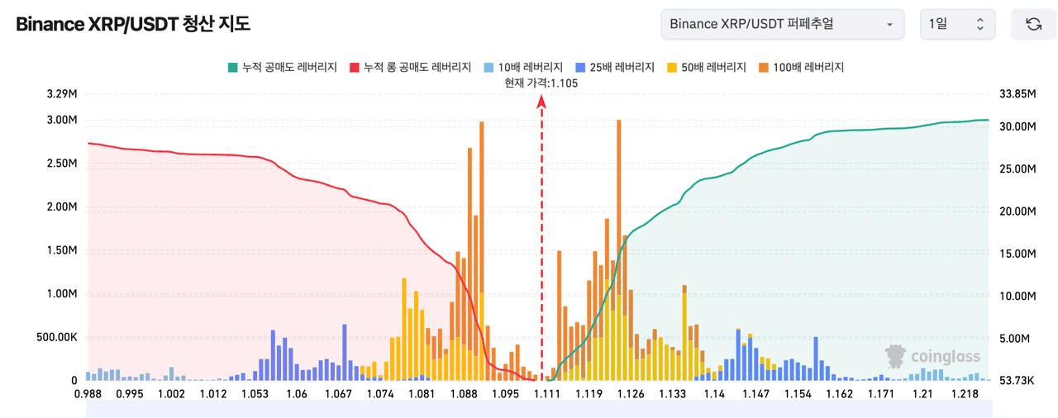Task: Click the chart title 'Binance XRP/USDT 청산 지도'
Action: tap(133, 24)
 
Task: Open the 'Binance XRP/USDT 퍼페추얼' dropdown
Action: tap(783, 24)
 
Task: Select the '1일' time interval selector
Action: tap(957, 24)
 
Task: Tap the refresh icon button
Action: tap(1033, 24)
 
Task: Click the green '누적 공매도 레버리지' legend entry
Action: tap(283, 68)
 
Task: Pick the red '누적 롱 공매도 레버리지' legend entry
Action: tap(411, 68)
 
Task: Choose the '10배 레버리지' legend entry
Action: tap(523, 68)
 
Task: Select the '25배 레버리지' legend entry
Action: tap(615, 68)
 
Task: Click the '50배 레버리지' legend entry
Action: tap(707, 68)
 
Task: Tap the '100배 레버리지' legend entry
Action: tap(801, 68)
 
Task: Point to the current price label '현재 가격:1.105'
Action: tap(541, 83)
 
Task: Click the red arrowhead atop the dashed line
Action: tap(541, 102)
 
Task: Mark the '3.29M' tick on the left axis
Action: tap(62, 94)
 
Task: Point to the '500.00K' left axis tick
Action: tap(57, 337)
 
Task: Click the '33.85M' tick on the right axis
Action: tap(1017, 94)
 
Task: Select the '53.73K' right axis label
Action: tap(1017, 380)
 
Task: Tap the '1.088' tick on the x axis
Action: tap(464, 394)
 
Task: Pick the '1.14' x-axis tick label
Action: tap(714, 394)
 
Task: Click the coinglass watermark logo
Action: tap(932, 356)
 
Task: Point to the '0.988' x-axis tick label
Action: tap(88, 394)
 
